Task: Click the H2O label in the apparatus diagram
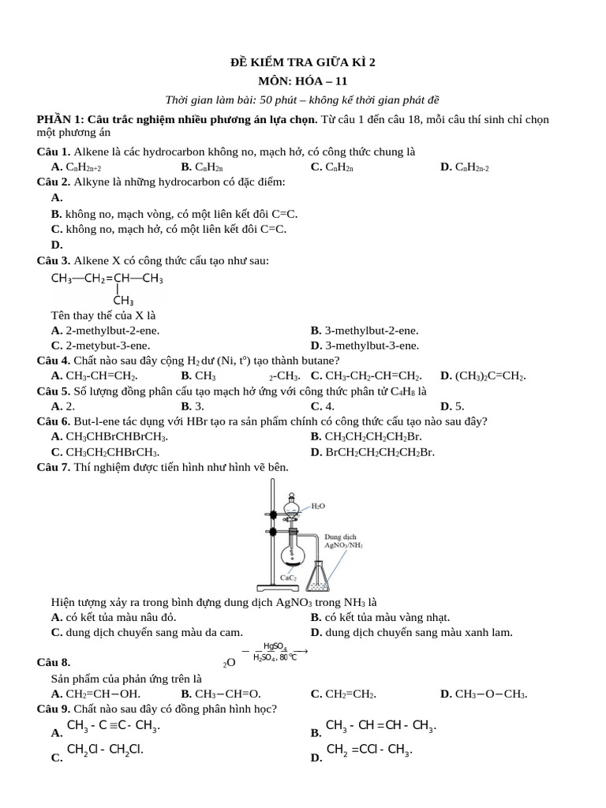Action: click(318, 506)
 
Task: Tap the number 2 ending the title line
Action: click(373, 62)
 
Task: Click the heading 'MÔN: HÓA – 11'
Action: click(303, 80)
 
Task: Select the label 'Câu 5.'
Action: click(54, 391)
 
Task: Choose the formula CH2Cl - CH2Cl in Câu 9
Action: click(105, 750)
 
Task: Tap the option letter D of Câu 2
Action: click(56, 245)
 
